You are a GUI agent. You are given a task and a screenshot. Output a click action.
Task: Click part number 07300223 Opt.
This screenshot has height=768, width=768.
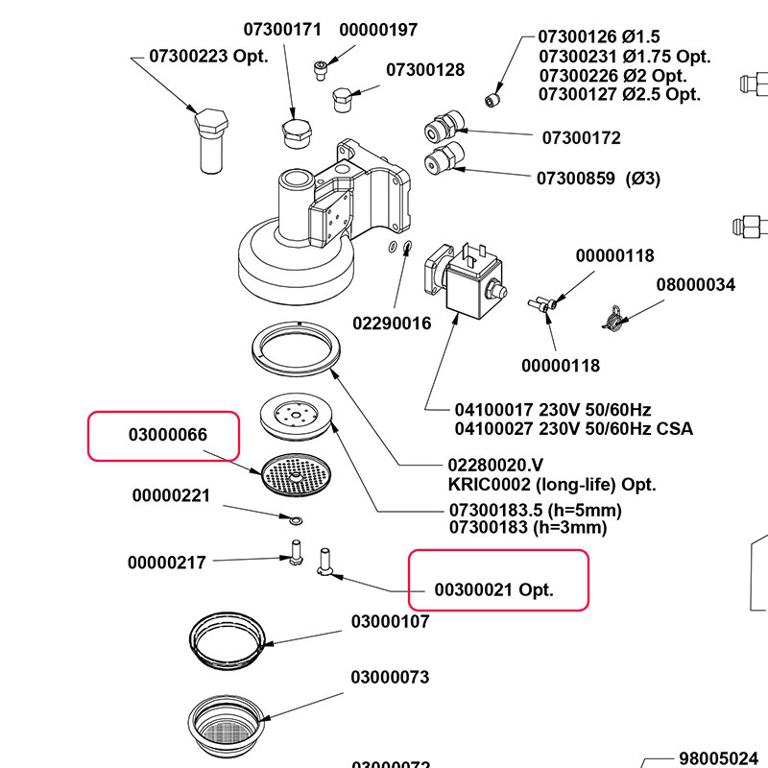pyautogui.click(x=208, y=57)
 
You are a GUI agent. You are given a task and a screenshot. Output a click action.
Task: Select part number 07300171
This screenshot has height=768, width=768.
pyautogui.click(x=282, y=30)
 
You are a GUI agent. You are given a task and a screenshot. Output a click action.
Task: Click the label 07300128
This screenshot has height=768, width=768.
pyautogui.click(x=425, y=70)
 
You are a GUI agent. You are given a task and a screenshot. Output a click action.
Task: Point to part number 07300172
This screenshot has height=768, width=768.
pyautogui.click(x=581, y=138)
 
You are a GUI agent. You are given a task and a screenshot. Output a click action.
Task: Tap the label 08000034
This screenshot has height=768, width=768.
pyautogui.click(x=695, y=285)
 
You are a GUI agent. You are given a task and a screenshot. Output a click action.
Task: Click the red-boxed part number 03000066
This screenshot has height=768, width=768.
pyautogui.click(x=181, y=436)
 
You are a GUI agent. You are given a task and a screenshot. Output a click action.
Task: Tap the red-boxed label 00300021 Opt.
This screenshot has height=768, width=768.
pyautogui.click(x=494, y=589)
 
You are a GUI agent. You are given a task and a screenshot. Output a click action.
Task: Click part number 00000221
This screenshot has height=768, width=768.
pyautogui.click(x=171, y=496)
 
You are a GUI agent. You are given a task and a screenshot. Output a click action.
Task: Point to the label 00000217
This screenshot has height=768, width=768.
pyautogui.click(x=167, y=563)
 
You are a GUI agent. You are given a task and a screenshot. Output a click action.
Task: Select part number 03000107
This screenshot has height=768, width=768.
pyautogui.click(x=390, y=622)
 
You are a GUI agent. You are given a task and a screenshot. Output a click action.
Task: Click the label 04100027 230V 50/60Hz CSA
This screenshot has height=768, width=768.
pyautogui.click(x=573, y=428)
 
